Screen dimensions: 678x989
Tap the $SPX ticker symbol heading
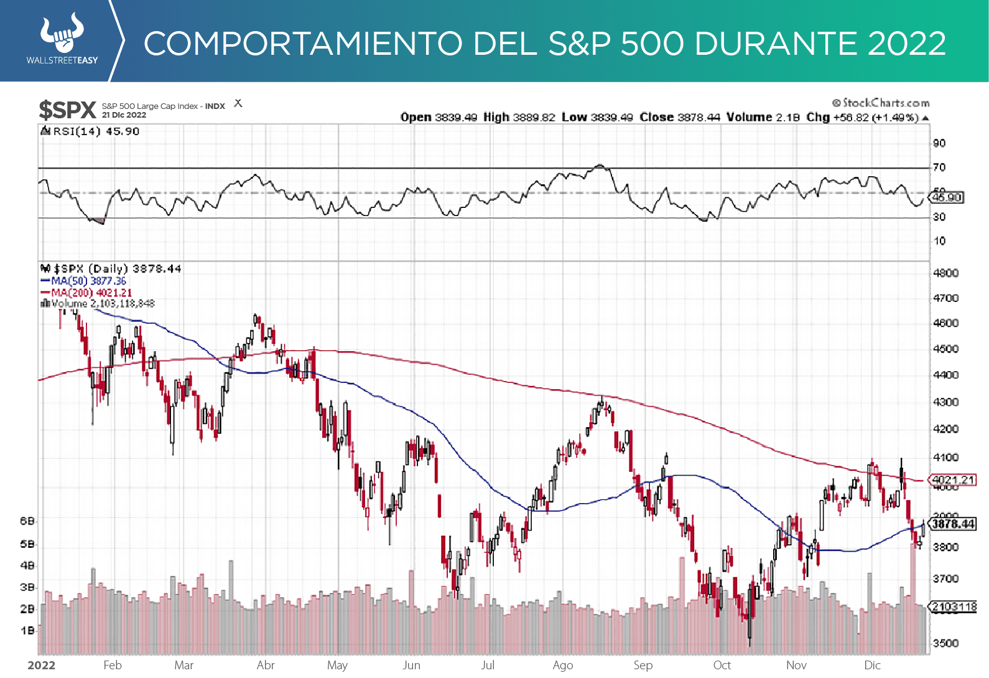tap(67, 110)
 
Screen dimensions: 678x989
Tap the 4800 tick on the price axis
tap(945, 273)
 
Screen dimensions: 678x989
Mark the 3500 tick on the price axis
tap(945, 643)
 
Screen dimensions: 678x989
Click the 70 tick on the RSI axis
tap(939, 167)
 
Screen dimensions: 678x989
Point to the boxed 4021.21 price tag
tap(953, 479)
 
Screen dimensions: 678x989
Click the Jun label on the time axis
tap(411, 665)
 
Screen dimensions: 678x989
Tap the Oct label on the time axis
tap(722, 665)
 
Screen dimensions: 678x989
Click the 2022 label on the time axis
tap(42, 665)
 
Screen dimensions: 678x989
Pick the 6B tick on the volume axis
tap(27, 520)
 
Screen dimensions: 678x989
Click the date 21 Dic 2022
tap(124, 115)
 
